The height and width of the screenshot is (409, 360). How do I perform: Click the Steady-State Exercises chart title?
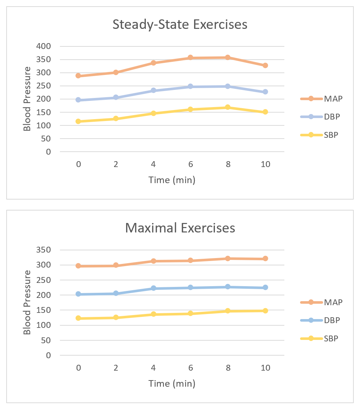[180, 24]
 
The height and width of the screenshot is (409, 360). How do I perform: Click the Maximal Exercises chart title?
[180, 228]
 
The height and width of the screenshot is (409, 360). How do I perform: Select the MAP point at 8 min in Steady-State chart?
[228, 57]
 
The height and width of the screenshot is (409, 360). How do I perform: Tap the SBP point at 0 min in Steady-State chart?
[78, 121]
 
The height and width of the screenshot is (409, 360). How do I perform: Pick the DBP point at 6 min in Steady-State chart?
[190, 87]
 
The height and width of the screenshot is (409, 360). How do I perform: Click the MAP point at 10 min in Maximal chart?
[265, 258]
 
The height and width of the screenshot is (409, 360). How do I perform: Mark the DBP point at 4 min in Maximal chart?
[153, 288]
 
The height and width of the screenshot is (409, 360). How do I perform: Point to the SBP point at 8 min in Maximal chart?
[228, 311]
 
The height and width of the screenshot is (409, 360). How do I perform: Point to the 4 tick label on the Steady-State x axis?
[153, 164]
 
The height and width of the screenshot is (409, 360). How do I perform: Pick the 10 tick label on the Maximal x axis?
[265, 368]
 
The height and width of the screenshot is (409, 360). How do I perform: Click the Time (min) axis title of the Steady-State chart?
[172, 180]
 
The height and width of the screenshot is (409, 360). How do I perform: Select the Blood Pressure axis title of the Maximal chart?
[27, 302]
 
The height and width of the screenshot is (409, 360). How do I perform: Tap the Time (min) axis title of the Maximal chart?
[172, 383]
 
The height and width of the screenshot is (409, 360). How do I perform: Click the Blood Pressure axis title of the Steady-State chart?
[27, 99]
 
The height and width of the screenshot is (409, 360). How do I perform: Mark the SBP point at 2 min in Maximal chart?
[116, 317]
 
